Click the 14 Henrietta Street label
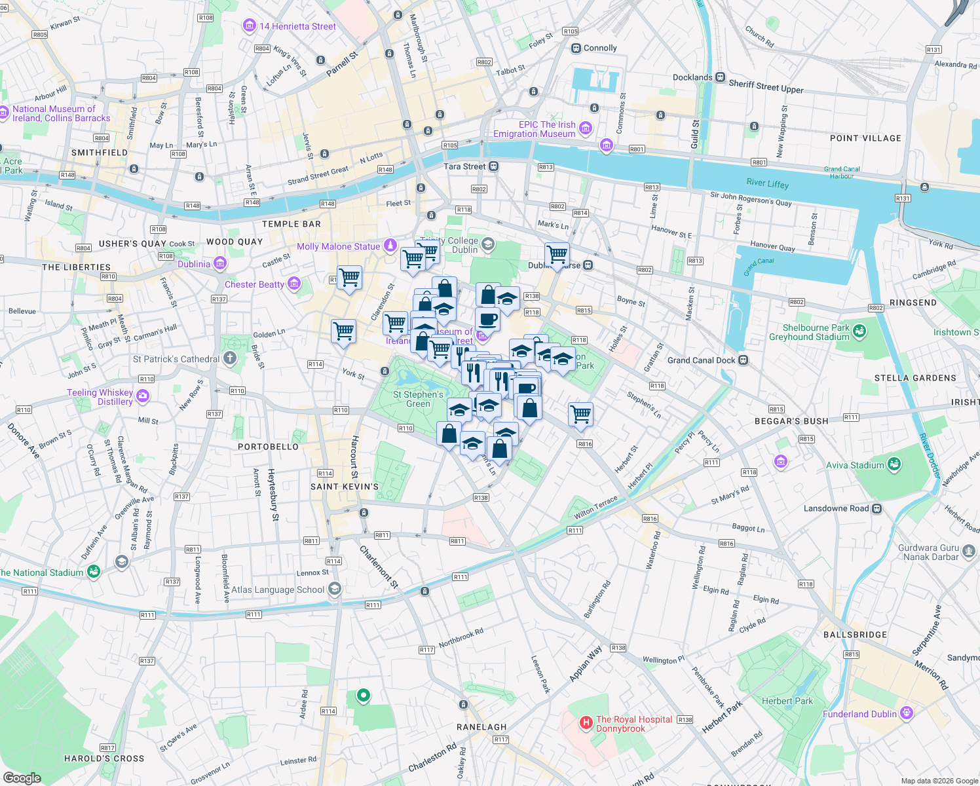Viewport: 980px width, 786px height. point(297,26)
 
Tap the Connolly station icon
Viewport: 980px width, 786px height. point(576,48)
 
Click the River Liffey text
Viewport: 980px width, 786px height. point(767,183)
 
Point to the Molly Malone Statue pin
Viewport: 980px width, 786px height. point(390,246)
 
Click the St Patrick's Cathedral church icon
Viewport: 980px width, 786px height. point(229,358)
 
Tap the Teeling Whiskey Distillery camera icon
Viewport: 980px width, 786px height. point(143,396)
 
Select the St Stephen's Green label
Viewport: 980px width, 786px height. point(418,399)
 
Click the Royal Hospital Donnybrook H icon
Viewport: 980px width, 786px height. point(586,723)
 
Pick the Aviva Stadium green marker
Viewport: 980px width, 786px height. point(894,465)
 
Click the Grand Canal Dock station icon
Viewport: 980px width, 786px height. point(743,360)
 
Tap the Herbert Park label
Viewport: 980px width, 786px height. point(787,701)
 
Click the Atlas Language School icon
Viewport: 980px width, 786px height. point(335,589)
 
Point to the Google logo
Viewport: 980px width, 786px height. point(22,777)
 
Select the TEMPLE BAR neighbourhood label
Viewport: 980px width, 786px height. point(292,224)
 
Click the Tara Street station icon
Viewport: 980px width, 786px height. point(494,166)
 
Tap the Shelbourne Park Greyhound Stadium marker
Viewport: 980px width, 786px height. point(859,331)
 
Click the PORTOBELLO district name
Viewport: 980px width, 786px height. point(268,447)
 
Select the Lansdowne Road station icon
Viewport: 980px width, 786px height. point(877,508)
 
